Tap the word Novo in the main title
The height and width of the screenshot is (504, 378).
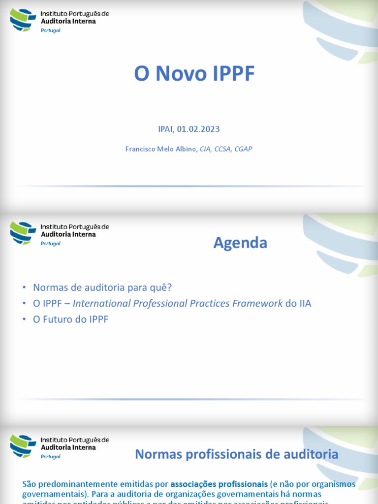(x=180, y=74)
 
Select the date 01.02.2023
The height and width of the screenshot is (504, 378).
(x=201, y=129)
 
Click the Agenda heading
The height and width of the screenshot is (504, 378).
(x=240, y=243)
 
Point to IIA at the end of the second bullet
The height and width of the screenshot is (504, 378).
(x=305, y=303)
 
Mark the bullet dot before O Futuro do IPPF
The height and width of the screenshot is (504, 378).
(x=24, y=319)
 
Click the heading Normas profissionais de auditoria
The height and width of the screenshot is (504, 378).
(x=236, y=454)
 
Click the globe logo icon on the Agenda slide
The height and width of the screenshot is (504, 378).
(x=23, y=232)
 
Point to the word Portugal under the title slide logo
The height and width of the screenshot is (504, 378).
(x=51, y=31)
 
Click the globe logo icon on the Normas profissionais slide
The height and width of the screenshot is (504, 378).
(x=23, y=445)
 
